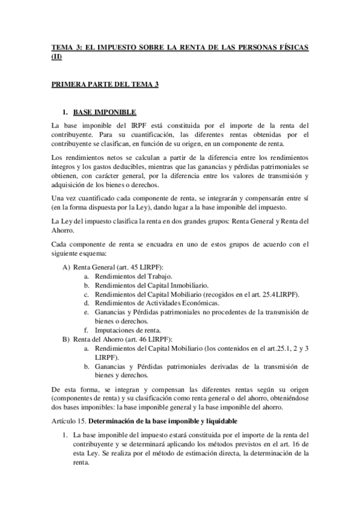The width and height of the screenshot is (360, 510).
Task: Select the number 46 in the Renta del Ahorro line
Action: pyautogui.click(x=142, y=339)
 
